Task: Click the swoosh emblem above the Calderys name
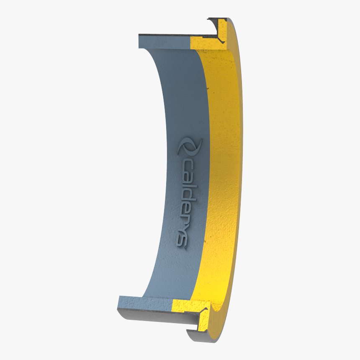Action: (189, 147)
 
